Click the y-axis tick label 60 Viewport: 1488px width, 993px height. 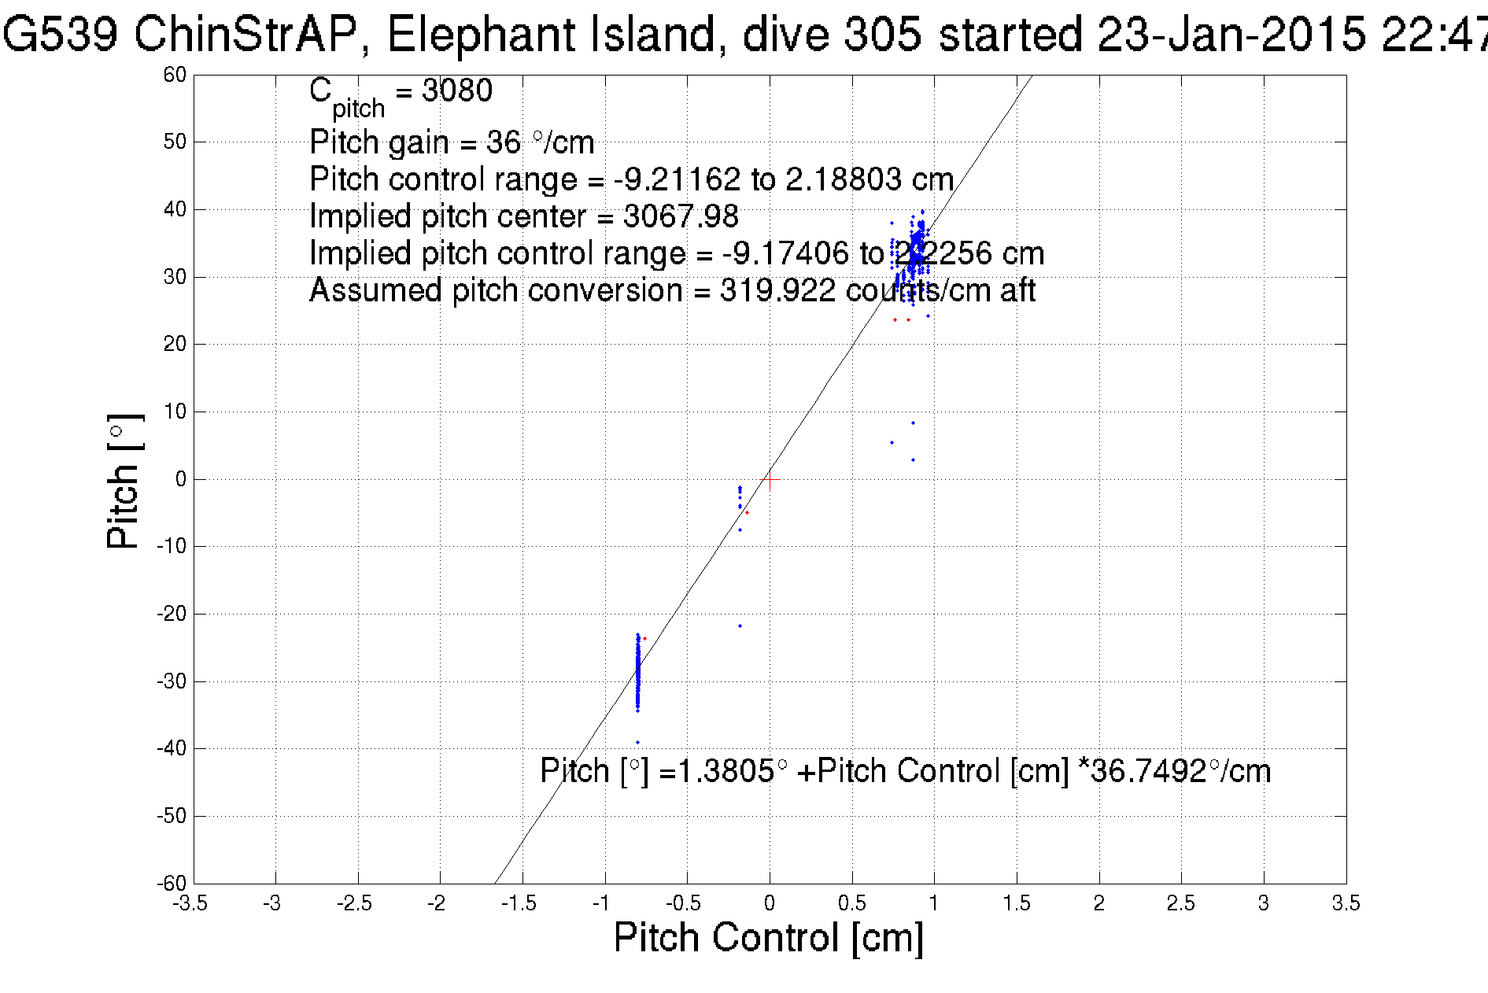(x=175, y=75)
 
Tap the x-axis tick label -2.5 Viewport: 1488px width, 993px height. (x=354, y=903)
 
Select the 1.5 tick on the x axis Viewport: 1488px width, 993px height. (x=1016, y=903)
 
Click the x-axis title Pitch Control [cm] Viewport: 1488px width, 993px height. (x=768, y=938)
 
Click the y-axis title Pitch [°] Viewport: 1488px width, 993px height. (x=124, y=480)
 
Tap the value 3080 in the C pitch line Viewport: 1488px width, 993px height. (x=457, y=91)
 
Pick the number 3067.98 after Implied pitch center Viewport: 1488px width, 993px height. (x=681, y=216)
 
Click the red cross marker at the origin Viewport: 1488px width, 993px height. (x=770, y=479)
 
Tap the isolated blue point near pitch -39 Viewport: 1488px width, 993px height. (x=637, y=742)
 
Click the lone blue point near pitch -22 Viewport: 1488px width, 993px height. (x=740, y=626)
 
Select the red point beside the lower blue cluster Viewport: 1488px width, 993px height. (x=645, y=638)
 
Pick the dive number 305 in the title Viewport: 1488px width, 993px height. (x=882, y=35)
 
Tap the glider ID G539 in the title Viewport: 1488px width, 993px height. (x=59, y=35)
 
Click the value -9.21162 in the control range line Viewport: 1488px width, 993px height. (x=677, y=179)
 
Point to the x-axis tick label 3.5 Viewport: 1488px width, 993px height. (x=1346, y=903)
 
